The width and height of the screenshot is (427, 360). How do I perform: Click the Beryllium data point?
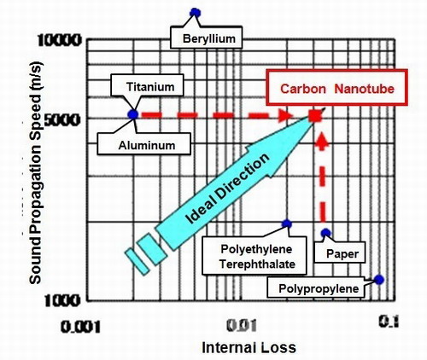[x=196, y=13]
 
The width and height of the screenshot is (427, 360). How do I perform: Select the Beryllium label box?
[x=206, y=38]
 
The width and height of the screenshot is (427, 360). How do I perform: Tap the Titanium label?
[x=147, y=85]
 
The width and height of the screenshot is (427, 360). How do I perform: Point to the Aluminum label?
[x=143, y=144]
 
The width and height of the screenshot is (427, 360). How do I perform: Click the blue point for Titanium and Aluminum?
[x=133, y=114]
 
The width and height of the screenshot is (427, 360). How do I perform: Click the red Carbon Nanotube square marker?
[x=315, y=116]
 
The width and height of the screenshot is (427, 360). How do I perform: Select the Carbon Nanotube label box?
[x=337, y=88]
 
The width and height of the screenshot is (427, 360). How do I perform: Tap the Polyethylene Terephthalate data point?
[x=287, y=224]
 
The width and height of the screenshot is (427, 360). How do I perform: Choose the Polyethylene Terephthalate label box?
[x=254, y=255]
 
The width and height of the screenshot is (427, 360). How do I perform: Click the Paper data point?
[x=326, y=233]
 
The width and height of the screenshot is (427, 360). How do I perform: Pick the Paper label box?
[x=340, y=253]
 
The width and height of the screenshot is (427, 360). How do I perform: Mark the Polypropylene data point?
[x=379, y=280]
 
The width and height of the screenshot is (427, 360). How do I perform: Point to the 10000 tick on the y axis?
[x=60, y=41]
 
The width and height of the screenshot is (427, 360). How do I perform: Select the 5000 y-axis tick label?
[x=61, y=120]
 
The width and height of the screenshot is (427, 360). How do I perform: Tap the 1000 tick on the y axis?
[x=61, y=300]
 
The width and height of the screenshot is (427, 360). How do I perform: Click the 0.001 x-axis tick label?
[x=80, y=327]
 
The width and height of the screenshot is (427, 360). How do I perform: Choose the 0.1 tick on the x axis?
[x=389, y=322]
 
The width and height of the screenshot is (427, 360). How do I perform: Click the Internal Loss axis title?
[x=249, y=347]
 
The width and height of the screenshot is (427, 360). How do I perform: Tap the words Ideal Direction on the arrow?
[x=227, y=189]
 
